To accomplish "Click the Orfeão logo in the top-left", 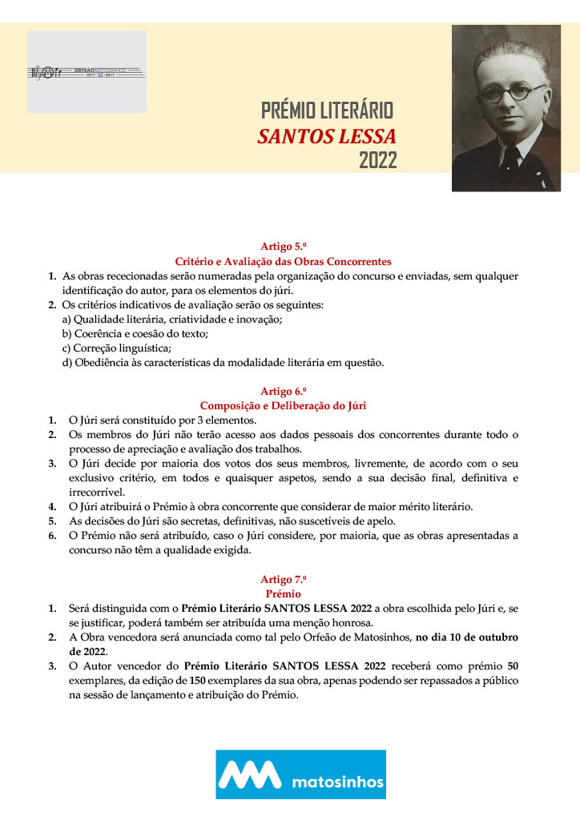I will [87, 72].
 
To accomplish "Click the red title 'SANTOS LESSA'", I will [327, 135].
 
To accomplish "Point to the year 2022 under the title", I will [377, 160].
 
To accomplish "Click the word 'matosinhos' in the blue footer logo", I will [336, 782].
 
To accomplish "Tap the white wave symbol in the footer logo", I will [251, 774].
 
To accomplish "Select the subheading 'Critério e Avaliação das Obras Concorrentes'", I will [283, 261].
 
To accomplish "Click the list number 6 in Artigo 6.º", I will [51, 535].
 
